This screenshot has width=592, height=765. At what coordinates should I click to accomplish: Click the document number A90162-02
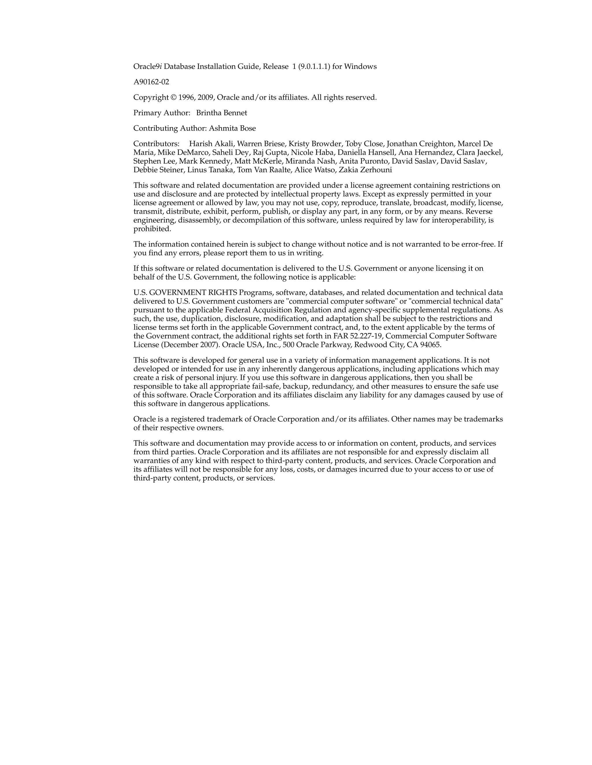pyautogui.click(x=151, y=82)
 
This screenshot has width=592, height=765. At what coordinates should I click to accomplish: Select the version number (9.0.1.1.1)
pyautogui.click(x=314, y=67)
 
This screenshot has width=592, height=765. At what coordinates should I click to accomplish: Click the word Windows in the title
pyautogui.click(x=360, y=67)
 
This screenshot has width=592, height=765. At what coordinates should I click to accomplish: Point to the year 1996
pyautogui.click(x=186, y=97)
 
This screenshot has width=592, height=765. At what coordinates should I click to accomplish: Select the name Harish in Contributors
pyautogui.click(x=199, y=143)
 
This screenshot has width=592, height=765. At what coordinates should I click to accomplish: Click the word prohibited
pyautogui.click(x=152, y=229)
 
